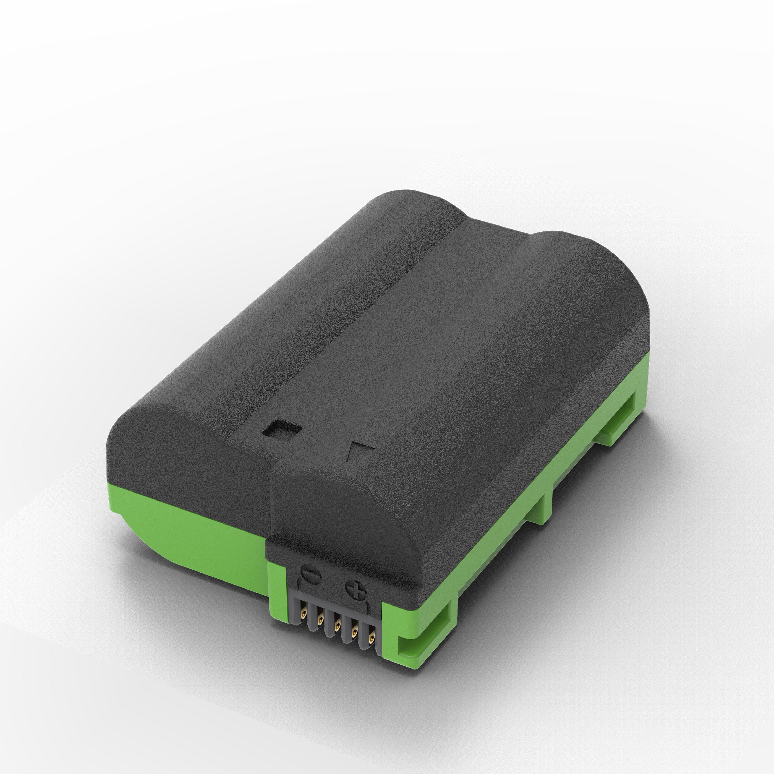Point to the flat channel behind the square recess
click(361, 320)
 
